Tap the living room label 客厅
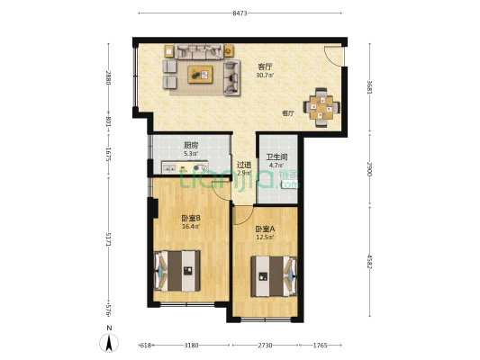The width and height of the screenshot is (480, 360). point(266,67)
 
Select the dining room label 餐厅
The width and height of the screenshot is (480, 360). point(288,114)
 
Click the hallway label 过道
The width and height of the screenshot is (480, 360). point(243,165)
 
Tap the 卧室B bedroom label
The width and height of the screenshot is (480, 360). point(166,218)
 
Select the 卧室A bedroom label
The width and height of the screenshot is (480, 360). point(264,229)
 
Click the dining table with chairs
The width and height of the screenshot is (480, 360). point(322,105)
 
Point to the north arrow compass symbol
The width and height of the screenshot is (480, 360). point(109,343)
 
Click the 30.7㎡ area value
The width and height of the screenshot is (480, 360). point(266,76)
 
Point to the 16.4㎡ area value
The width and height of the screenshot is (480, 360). point(166,227)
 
